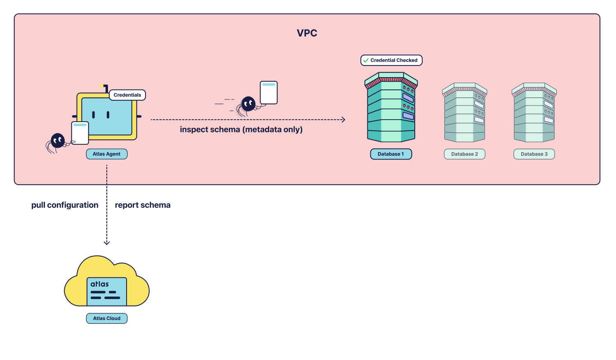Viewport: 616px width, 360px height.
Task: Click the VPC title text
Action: click(x=307, y=33)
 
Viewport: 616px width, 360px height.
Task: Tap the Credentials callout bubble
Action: click(x=127, y=95)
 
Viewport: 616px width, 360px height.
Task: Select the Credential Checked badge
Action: click(x=391, y=60)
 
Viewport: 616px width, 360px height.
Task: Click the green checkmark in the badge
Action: click(x=366, y=60)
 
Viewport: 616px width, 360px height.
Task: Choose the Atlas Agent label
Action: click(x=106, y=154)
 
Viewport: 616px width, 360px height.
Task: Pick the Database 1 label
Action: click(x=391, y=154)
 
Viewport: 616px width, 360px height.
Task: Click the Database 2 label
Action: click(x=464, y=154)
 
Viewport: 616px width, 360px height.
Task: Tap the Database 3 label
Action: click(x=534, y=154)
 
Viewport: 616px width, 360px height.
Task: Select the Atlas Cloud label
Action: click(x=106, y=318)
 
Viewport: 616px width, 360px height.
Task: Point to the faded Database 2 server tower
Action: click(x=464, y=112)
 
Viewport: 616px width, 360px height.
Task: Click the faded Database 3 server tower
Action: click(x=534, y=112)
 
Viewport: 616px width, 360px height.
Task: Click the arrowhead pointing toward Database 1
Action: click(x=343, y=120)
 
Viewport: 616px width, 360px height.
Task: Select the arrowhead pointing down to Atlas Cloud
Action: click(x=107, y=242)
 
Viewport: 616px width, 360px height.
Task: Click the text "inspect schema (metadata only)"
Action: click(x=241, y=129)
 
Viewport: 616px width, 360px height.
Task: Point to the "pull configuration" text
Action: click(x=65, y=205)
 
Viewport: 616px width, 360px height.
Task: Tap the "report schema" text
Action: click(x=142, y=205)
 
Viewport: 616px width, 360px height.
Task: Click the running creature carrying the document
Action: click(x=248, y=104)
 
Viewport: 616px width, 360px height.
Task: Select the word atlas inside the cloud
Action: click(x=99, y=284)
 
